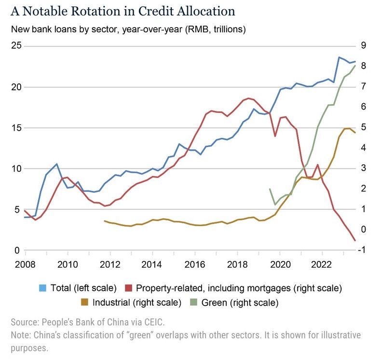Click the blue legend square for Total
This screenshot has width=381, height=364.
(42, 289)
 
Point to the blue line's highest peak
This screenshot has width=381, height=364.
(339, 57)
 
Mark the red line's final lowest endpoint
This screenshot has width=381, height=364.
(355, 240)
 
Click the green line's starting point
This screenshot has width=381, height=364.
(269, 189)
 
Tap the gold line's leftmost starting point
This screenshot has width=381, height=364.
(105, 221)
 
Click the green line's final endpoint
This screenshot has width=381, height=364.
(355, 66)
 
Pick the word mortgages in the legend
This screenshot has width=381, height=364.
(268, 289)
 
